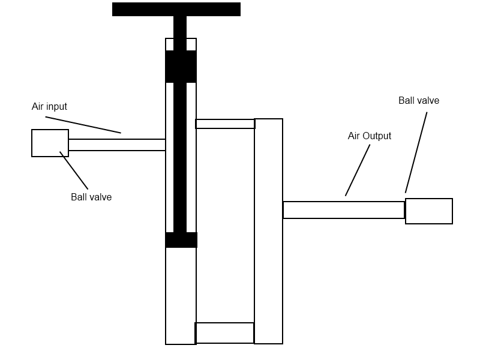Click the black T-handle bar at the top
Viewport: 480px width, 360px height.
pyautogui.click(x=176, y=9)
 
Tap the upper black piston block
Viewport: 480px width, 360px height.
pyautogui.click(x=181, y=67)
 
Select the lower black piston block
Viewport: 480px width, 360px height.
pyautogui.click(x=181, y=240)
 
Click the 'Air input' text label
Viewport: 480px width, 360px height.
pyautogui.click(x=49, y=107)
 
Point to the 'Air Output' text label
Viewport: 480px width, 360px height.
pyautogui.click(x=370, y=136)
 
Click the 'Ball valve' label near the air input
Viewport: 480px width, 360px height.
pyautogui.click(x=91, y=197)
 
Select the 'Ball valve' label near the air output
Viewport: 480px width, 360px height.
pyautogui.click(x=419, y=101)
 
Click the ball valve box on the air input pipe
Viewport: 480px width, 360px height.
pyautogui.click(x=50, y=143)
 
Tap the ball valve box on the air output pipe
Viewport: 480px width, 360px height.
pyautogui.click(x=429, y=211)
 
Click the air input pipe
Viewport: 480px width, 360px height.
pyautogui.click(x=117, y=145)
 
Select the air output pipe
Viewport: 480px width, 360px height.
pyautogui.click(x=344, y=210)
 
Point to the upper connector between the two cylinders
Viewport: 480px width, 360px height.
pyautogui.click(x=225, y=124)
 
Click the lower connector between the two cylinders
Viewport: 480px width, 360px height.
pyautogui.click(x=224, y=333)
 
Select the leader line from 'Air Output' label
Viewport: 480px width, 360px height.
pyautogui.click(x=358, y=170)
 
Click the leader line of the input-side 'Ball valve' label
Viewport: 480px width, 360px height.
pyautogui.click(x=74, y=170)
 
